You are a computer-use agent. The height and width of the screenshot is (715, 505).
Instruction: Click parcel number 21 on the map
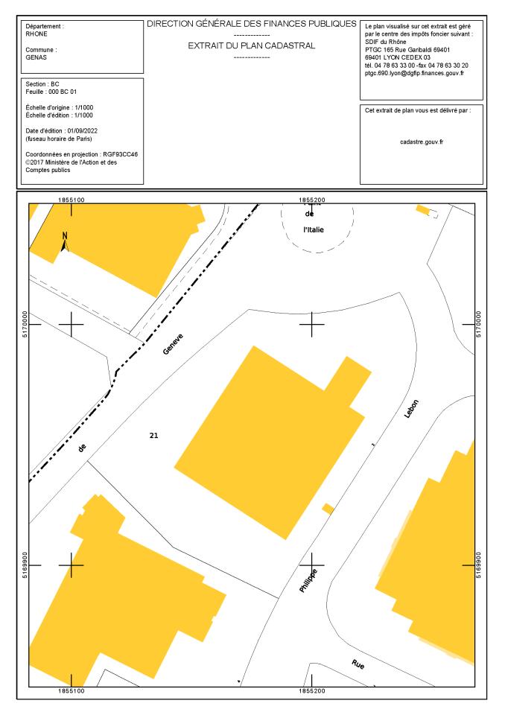coord(153,434)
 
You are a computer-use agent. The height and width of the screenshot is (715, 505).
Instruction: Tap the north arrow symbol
coord(65,242)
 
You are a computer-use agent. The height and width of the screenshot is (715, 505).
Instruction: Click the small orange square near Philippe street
coord(327,509)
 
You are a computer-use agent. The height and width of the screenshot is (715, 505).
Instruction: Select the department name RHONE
coord(37,34)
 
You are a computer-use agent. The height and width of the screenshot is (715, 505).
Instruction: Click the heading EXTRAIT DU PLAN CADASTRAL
coord(252,45)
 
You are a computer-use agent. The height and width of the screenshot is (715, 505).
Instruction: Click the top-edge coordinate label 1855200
coord(312,200)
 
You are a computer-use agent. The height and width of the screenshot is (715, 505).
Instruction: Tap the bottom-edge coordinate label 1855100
coord(72,692)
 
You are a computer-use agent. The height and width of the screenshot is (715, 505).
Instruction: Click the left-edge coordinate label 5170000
coord(22,325)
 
